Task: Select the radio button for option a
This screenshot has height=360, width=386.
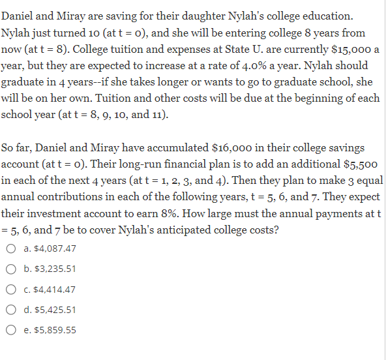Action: (11, 248)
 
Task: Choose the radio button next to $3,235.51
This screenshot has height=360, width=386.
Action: (11, 269)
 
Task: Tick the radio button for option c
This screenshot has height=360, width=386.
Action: (11, 289)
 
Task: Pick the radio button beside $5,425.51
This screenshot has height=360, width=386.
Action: (11, 310)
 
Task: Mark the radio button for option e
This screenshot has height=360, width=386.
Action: (11, 330)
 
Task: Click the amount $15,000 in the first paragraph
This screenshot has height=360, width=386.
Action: (350, 49)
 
